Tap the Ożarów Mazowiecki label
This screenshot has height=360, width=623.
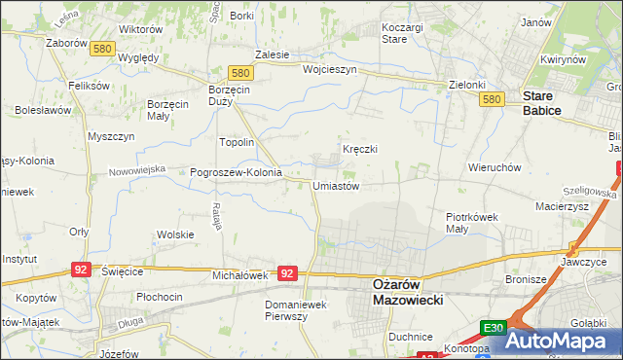409,292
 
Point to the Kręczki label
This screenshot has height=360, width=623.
359,149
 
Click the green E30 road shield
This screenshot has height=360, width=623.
493,330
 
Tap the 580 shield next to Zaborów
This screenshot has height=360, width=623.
100,48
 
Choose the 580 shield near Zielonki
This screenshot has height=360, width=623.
491,99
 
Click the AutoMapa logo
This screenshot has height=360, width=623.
564,341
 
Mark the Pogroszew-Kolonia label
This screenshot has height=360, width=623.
236,173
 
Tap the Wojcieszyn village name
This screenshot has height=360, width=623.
330,70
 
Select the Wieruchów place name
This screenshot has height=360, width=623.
495,167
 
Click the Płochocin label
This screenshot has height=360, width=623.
160,296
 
